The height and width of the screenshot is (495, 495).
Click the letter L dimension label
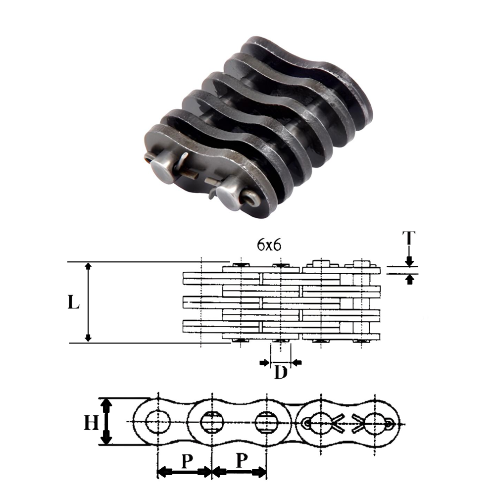point(73,302)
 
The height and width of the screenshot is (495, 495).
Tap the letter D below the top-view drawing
point(281,373)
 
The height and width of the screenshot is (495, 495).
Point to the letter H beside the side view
point(90,422)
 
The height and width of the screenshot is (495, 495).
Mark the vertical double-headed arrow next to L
point(88,302)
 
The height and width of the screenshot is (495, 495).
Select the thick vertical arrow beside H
point(105,422)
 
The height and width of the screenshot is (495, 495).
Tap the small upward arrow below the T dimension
point(409,280)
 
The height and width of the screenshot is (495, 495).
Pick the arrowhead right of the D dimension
point(297,363)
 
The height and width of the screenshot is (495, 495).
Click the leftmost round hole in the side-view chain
point(158,422)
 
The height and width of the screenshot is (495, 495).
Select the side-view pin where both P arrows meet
point(212,422)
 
